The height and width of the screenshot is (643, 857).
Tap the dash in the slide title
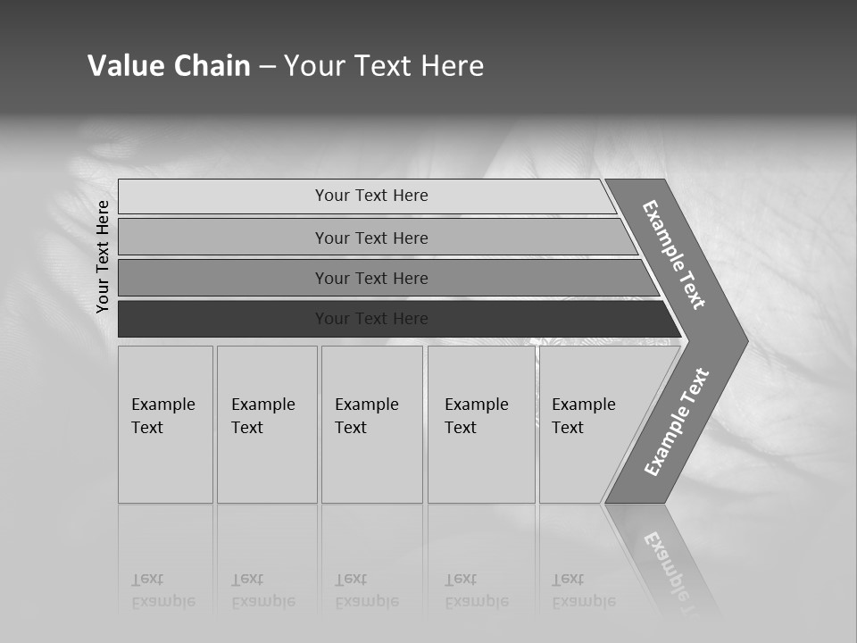(267, 67)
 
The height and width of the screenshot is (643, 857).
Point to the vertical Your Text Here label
(103, 256)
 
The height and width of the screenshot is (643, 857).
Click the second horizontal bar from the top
(371, 238)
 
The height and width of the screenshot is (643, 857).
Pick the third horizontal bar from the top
(371, 278)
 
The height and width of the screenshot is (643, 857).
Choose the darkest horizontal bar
(371, 319)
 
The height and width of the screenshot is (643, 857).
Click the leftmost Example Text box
(165, 424)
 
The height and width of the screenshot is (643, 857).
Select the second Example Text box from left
(266, 424)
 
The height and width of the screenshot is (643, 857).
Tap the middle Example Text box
(371, 424)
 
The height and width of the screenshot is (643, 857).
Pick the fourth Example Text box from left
(481, 424)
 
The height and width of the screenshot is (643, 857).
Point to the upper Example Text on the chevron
(674, 255)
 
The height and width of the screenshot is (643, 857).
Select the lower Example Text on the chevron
(677, 422)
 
